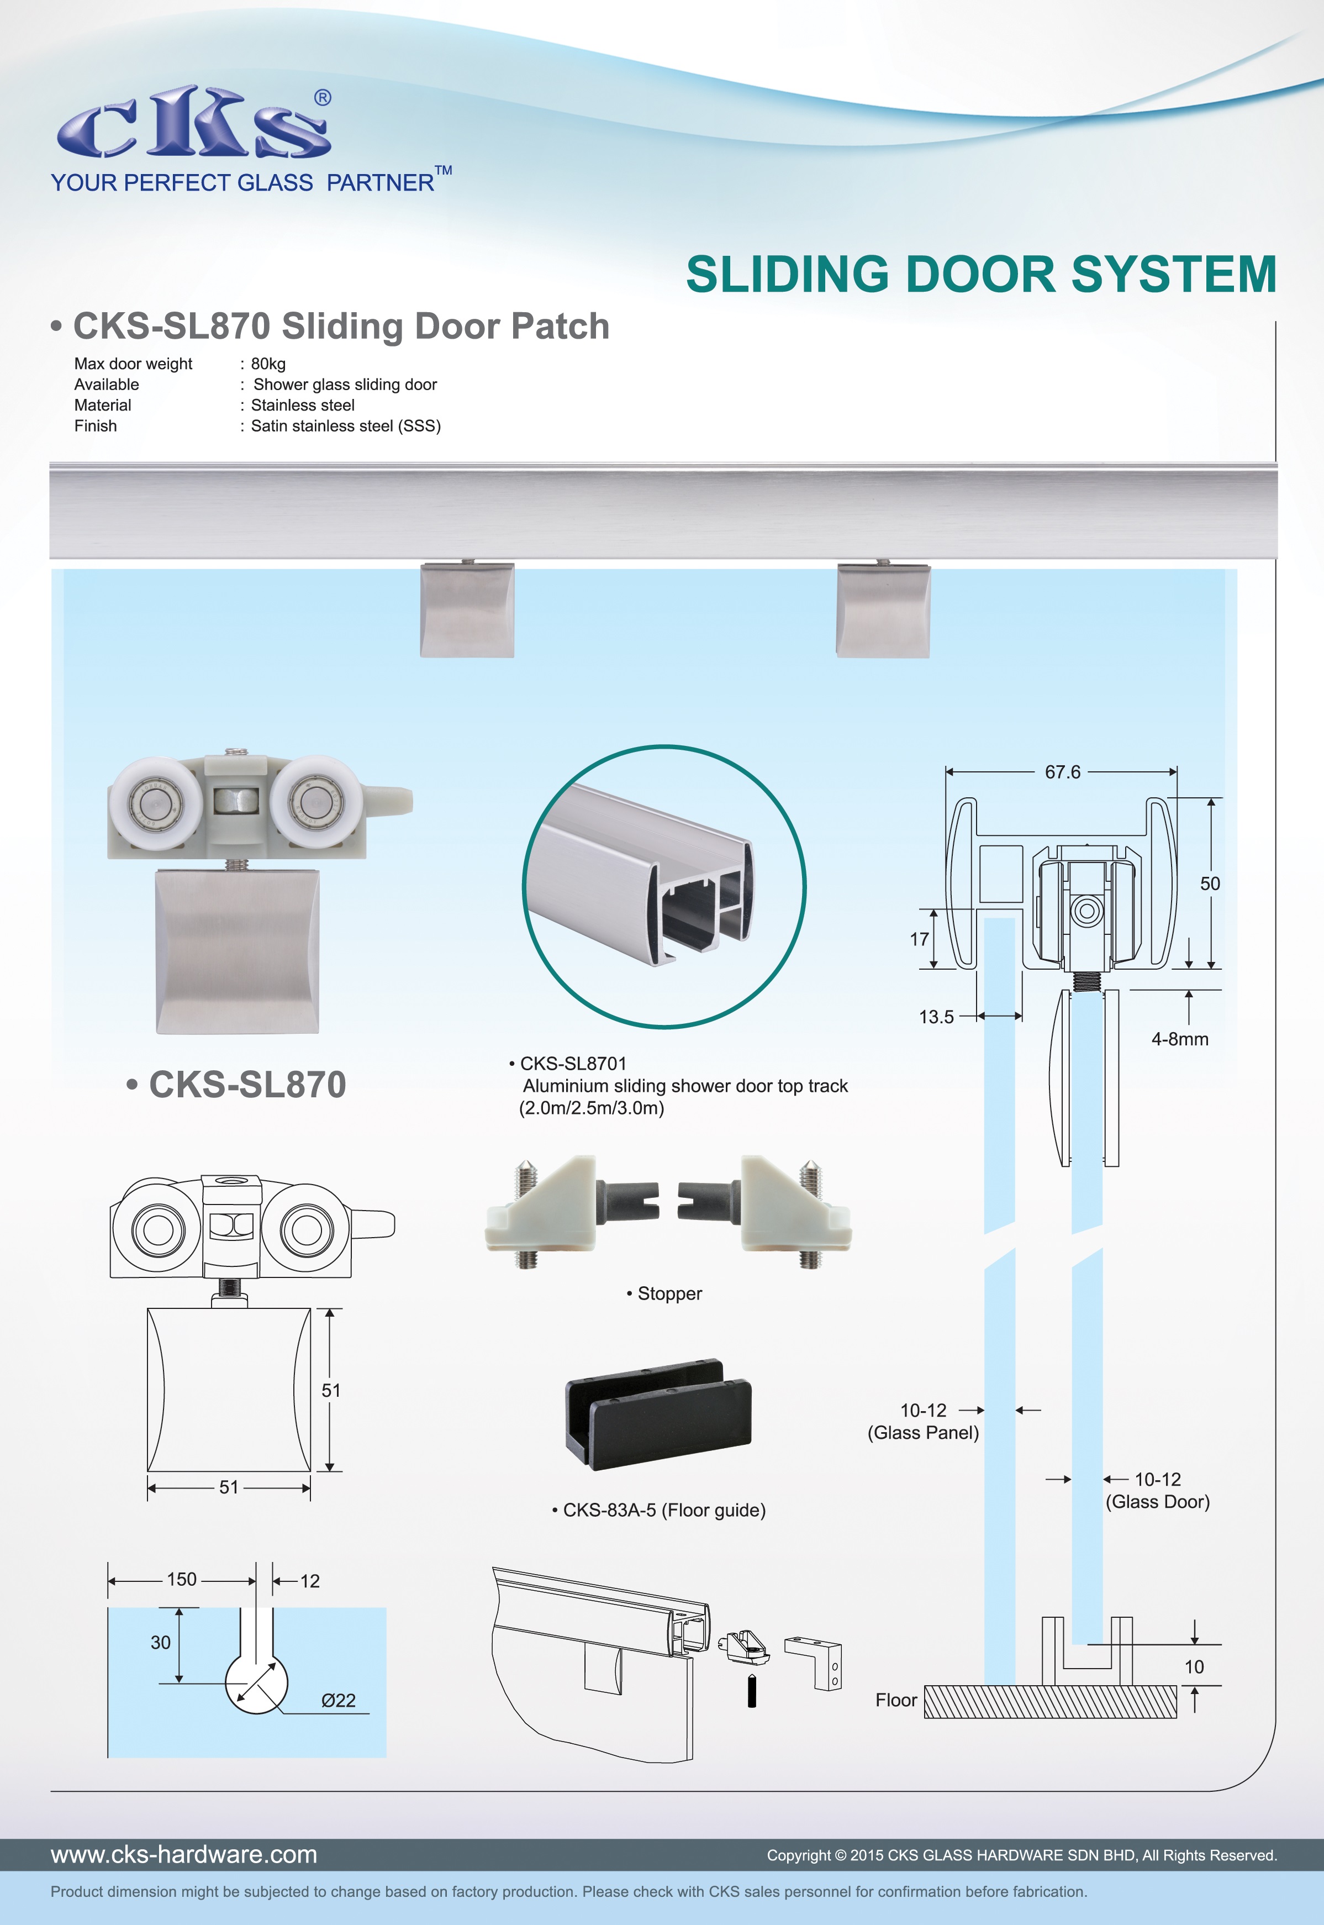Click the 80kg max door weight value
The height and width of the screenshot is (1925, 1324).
tap(268, 364)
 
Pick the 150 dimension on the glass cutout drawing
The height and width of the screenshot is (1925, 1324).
tap(182, 1580)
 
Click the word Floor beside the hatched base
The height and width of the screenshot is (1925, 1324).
tap(896, 1700)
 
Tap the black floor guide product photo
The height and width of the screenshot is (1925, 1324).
tap(658, 1413)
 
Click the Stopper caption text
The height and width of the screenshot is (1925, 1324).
tap(669, 1293)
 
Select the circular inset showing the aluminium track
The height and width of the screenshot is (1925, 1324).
tap(664, 886)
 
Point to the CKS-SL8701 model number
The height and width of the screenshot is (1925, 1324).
tap(573, 1064)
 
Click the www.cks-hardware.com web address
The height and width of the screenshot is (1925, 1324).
tap(184, 1854)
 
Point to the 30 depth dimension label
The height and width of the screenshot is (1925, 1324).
tap(160, 1643)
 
